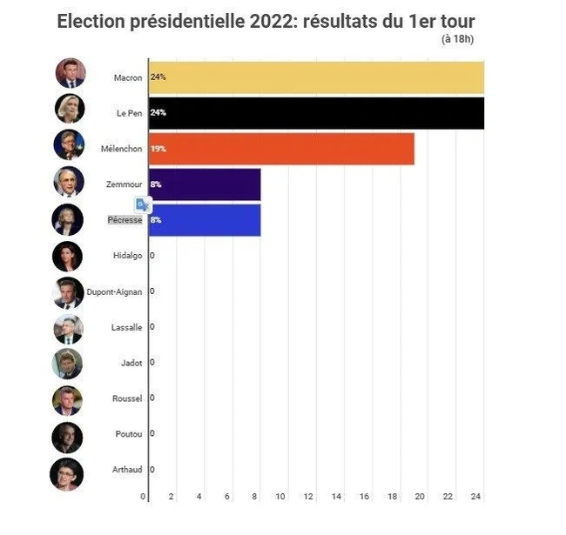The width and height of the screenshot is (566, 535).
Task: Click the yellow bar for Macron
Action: click(x=316, y=77)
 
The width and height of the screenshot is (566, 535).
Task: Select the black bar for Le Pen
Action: click(x=316, y=113)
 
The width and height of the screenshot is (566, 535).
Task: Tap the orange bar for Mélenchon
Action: click(x=281, y=149)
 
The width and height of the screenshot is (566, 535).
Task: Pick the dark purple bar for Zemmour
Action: click(x=205, y=184)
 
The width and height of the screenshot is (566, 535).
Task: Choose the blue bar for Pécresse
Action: click(x=205, y=220)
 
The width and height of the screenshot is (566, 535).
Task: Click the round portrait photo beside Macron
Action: click(x=71, y=74)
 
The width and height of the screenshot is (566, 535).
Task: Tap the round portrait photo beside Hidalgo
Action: click(x=67, y=256)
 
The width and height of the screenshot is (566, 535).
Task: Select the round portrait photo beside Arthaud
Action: click(x=67, y=473)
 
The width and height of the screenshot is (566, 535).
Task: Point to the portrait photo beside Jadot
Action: click(x=67, y=364)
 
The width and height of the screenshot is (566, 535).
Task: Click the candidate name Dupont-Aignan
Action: click(x=113, y=291)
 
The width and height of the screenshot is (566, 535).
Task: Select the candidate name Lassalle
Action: click(x=127, y=327)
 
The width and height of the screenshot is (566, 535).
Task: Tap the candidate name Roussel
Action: click(x=127, y=398)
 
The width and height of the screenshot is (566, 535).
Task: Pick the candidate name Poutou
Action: click(x=128, y=434)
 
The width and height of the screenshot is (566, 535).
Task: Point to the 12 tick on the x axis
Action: click(x=309, y=497)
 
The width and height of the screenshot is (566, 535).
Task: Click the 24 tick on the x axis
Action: click(x=475, y=497)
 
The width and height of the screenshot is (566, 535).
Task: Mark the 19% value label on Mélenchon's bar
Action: click(x=158, y=149)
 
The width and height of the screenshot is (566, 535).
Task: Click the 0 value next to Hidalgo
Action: click(x=152, y=256)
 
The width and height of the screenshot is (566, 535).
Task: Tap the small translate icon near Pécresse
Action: click(x=143, y=204)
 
